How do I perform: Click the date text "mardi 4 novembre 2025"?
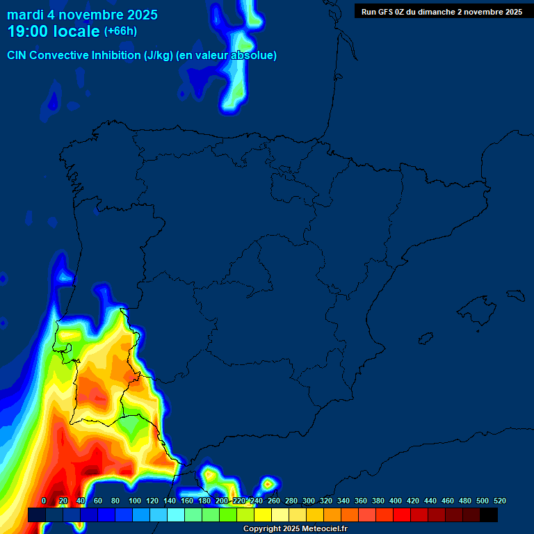82,15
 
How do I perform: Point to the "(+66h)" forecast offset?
120,31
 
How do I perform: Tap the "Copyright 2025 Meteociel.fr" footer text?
296,529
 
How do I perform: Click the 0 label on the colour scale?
44,501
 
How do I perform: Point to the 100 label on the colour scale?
135,501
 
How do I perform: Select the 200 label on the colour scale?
222,501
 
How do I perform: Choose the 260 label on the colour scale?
274,501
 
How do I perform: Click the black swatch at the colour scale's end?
489,515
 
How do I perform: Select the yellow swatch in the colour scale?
263,515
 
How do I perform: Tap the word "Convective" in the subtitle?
59,56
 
